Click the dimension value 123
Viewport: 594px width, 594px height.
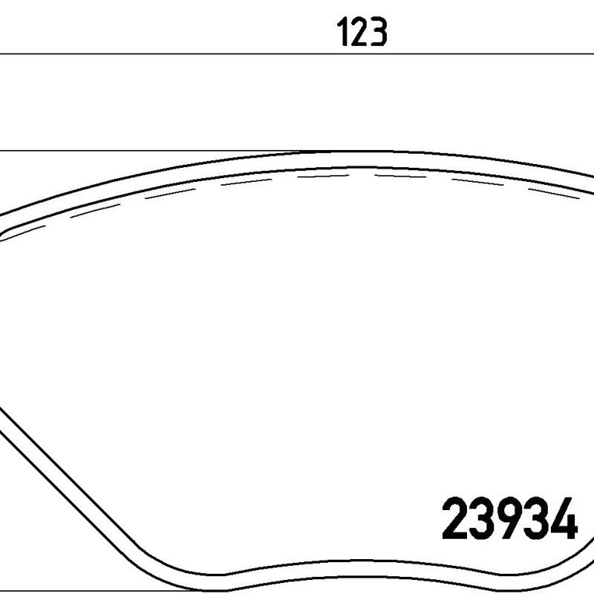362,32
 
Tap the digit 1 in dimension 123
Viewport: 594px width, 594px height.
343,32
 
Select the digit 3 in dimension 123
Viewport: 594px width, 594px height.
379,32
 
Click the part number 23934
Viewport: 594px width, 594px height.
510,518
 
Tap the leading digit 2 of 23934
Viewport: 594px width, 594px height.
454,518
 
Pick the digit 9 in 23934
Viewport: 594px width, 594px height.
509,518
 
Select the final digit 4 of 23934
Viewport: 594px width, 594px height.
565,518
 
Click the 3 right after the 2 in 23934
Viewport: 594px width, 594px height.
482,518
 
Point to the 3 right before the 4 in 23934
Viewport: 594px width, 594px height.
537,518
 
